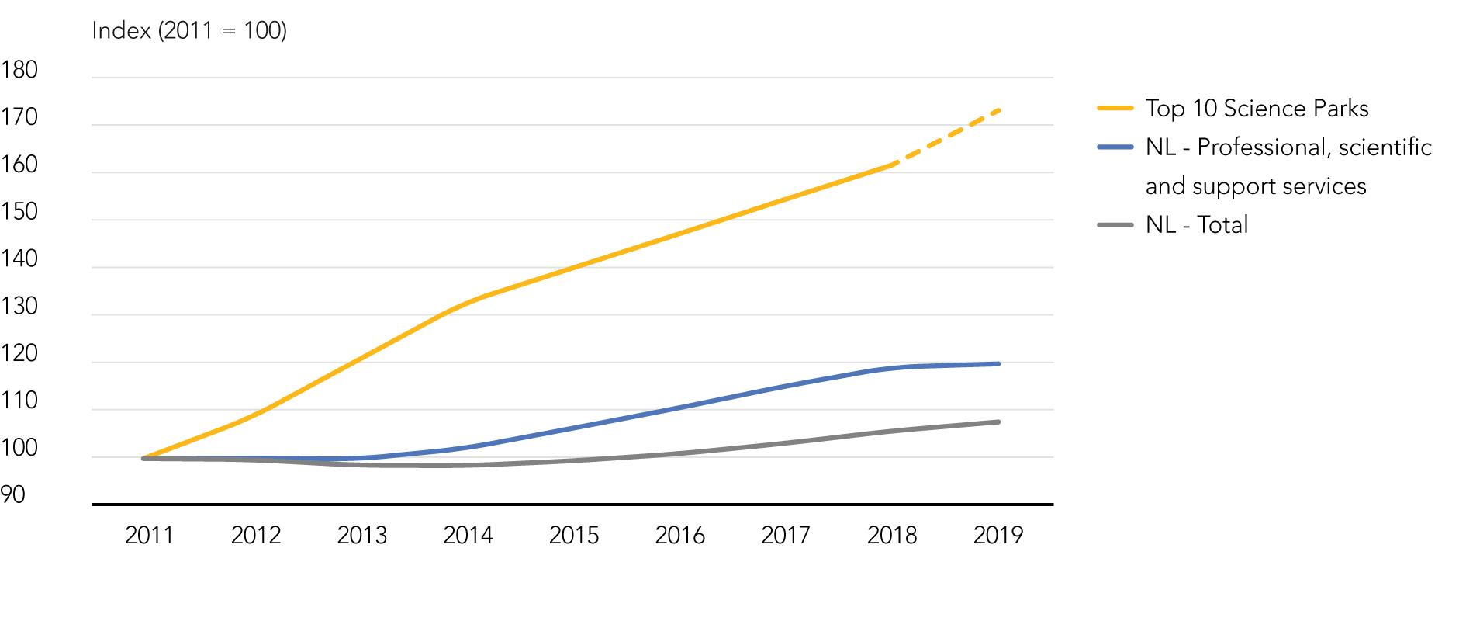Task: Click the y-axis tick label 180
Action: [x=19, y=70]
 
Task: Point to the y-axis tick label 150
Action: [x=19, y=211]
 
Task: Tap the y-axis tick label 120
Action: [x=19, y=353]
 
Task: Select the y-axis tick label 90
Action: [x=13, y=494]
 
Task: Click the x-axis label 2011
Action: [x=149, y=535]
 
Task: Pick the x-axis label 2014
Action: [x=468, y=535]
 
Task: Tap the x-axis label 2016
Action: [x=679, y=535]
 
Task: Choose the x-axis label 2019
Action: [x=998, y=535]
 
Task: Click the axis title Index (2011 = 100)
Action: [x=189, y=30]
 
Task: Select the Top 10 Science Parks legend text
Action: [x=1257, y=108]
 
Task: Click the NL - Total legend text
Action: [x=1197, y=224]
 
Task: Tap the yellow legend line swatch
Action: [x=1115, y=108]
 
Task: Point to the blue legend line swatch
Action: [x=1115, y=147]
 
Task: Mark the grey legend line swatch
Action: [x=1115, y=225]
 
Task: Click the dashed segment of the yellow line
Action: [x=946, y=137]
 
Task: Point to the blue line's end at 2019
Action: [x=998, y=363]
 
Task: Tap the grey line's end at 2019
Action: [x=998, y=422]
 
